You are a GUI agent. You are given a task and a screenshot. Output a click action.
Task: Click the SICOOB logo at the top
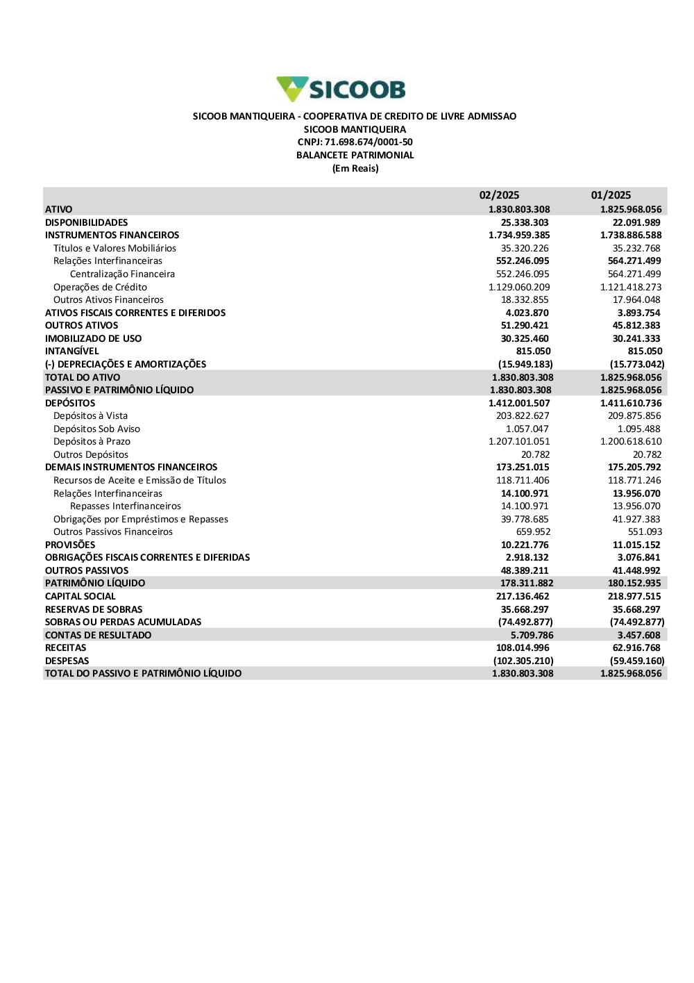[x=341, y=89]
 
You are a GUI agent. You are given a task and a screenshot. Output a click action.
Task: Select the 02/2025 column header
[x=499, y=195]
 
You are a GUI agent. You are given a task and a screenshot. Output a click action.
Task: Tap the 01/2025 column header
[x=611, y=195]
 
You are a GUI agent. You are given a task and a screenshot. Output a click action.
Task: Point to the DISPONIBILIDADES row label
[x=86, y=222]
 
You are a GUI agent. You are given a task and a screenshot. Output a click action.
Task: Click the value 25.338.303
[x=525, y=222]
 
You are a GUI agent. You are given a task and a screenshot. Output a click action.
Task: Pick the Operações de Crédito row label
[x=100, y=287]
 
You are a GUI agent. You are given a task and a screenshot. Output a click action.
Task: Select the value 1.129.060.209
[x=519, y=287]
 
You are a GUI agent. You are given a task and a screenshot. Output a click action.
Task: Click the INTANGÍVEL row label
[x=71, y=351]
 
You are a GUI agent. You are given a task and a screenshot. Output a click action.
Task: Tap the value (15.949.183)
[x=525, y=364]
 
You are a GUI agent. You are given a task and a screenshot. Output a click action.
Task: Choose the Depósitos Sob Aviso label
[x=96, y=429]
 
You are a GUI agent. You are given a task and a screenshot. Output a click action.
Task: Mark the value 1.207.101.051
[x=519, y=441]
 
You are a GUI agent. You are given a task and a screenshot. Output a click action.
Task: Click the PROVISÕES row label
[x=70, y=545]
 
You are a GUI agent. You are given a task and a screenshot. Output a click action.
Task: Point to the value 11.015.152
[x=636, y=545]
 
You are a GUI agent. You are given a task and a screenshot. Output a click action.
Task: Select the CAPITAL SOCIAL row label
[x=80, y=596]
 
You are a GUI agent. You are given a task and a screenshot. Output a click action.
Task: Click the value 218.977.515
[x=634, y=596]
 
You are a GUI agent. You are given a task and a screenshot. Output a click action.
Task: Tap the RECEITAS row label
[x=65, y=647]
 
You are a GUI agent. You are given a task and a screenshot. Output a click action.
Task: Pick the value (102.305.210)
[x=523, y=661]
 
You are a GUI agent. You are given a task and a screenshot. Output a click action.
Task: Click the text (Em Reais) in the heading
[x=355, y=169]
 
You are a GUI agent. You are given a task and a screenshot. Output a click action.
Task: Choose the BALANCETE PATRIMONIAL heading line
[x=355, y=156]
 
